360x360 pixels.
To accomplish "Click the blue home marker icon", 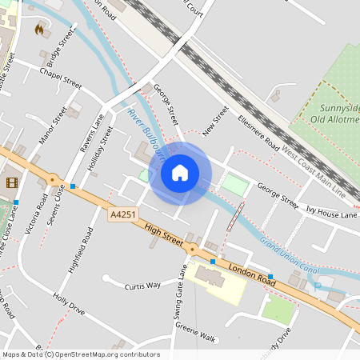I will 180,173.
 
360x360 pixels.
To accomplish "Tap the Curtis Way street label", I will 142,285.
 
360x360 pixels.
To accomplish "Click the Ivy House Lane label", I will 331,214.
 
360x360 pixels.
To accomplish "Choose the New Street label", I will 216,120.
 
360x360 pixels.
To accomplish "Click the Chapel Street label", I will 61,77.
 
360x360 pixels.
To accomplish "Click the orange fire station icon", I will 39,29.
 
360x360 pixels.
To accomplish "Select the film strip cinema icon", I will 11,182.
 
